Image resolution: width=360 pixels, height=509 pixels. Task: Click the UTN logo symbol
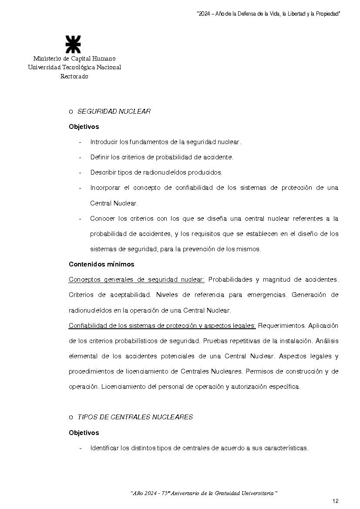[x=73, y=44]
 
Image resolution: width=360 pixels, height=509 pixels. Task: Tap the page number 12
[x=335, y=501]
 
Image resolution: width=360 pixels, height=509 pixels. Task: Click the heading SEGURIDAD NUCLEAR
[x=114, y=111]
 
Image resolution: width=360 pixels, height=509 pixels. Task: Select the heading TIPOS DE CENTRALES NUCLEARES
[x=135, y=417]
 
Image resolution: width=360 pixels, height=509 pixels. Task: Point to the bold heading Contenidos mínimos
[x=101, y=264]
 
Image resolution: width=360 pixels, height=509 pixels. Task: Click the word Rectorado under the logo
[x=74, y=77]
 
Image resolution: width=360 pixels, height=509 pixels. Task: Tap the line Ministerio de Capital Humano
[x=74, y=58]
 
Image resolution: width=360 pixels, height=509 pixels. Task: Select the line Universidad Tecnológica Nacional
[x=74, y=67]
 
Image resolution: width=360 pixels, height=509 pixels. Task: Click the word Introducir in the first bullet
[x=104, y=142]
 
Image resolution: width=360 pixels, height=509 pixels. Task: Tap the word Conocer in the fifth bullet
[x=103, y=219]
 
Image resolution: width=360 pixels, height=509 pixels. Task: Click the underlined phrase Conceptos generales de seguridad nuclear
[x=136, y=280]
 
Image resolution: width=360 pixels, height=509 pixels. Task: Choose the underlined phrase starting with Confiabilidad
[x=162, y=326]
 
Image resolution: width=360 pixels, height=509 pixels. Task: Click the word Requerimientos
[x=281, y=326]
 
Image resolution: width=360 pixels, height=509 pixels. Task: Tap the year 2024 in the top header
[x=204, y=14]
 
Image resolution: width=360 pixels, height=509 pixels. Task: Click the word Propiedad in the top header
[x=326, y=14]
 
